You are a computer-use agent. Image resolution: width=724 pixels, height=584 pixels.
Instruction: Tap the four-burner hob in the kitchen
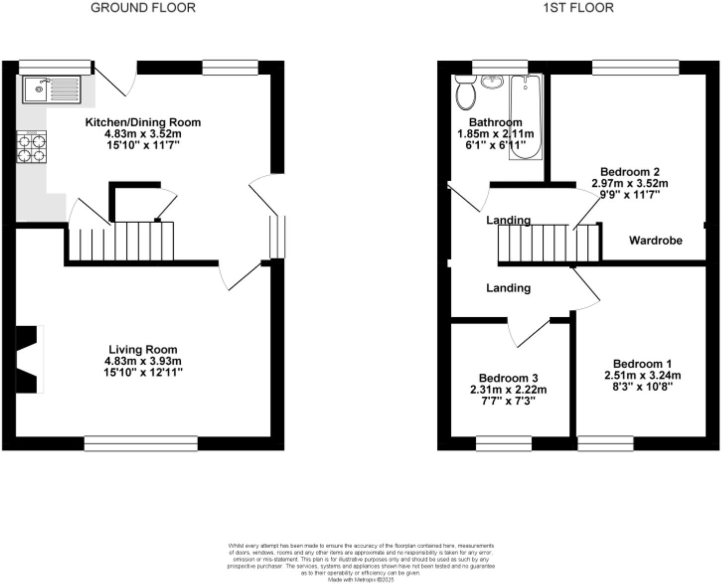pos(31,147)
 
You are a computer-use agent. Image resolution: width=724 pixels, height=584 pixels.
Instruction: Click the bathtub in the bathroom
pos(525,117)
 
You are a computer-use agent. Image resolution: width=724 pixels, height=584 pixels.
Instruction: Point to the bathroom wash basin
pos(492,81)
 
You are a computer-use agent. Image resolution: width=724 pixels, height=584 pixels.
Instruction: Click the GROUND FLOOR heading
pos(143,8)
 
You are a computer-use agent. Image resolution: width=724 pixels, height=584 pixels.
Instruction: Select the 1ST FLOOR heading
pos(578,8)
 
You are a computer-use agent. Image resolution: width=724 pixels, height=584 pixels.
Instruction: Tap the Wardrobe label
pos(655,240)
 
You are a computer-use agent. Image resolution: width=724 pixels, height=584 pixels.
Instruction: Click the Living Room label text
pos(143,350)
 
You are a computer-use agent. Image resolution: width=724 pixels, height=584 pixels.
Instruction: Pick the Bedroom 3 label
pos(508,378)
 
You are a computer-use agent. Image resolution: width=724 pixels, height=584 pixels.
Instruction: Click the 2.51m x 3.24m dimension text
pos(642,375)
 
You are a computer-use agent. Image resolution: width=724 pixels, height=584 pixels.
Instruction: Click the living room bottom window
pos(141,443)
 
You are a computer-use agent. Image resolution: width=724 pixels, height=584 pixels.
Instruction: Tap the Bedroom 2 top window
pos(636,68)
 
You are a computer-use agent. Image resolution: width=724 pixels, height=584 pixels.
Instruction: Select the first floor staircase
pos(549,243)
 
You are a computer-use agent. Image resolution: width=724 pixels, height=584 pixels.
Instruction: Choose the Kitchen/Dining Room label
pos(143,122)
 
